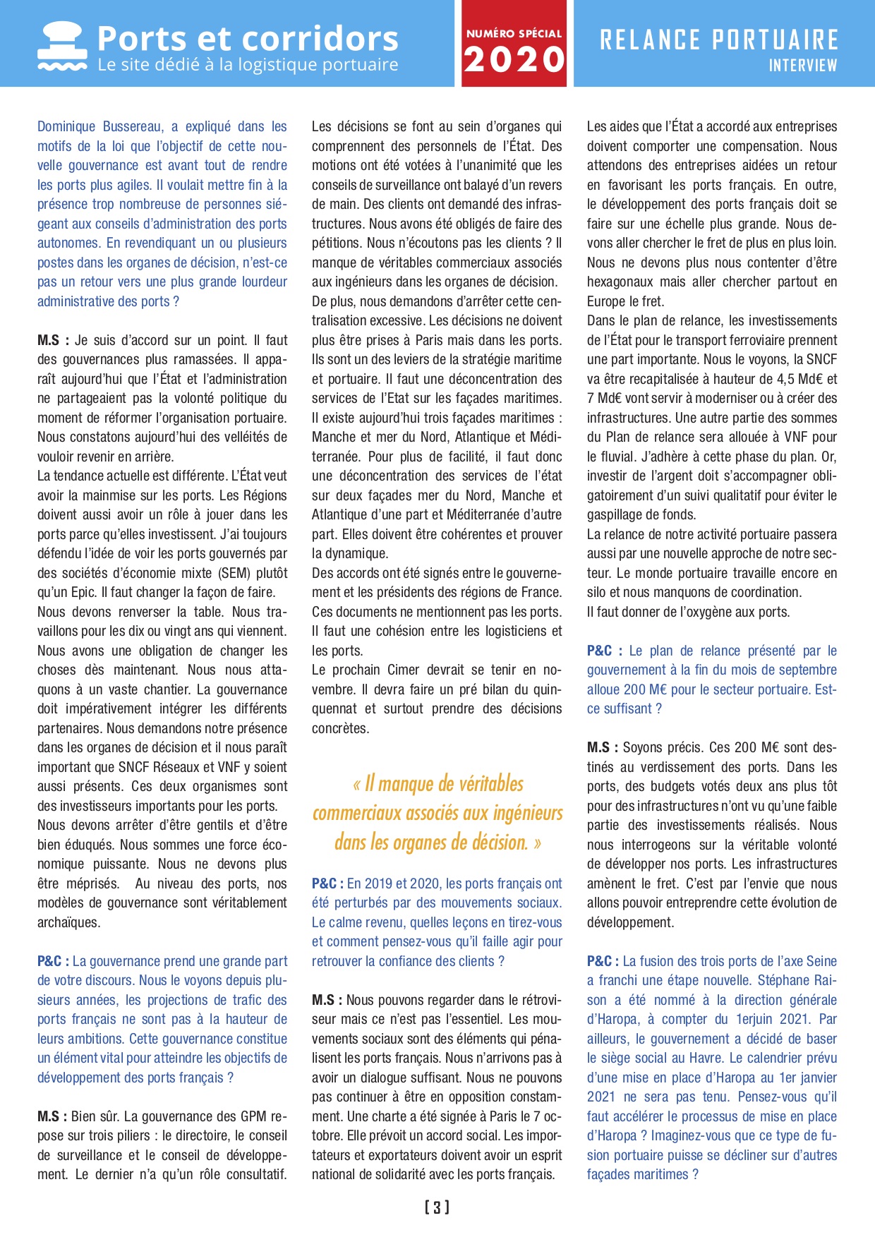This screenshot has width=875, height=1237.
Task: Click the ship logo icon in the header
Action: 62,45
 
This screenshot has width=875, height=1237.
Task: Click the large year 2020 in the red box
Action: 514,59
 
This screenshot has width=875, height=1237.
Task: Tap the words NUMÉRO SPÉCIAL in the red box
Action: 514,33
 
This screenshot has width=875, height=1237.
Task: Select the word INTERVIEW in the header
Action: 803,66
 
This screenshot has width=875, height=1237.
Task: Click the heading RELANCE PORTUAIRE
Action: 719,40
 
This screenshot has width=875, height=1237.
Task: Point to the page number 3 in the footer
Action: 437,1207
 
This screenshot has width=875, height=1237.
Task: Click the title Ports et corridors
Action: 248,38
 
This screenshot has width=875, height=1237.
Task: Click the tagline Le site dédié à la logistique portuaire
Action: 248,66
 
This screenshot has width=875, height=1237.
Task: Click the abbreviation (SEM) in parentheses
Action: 236,573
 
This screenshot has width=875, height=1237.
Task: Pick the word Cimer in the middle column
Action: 403,670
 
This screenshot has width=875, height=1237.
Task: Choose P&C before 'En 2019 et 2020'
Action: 326,883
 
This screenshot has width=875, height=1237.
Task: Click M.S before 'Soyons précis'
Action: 601,747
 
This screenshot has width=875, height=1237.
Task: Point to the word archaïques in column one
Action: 69,922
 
